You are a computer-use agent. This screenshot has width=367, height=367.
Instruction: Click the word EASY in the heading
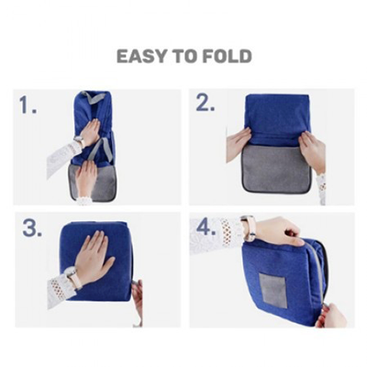click(x=139, y=57)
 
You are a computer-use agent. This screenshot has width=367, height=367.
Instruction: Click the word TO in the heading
click(x=182, y=57)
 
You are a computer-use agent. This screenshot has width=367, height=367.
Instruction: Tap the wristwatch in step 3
click(x=71, y=276)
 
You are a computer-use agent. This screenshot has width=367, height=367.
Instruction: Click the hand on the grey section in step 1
click(x=88, y=176)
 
